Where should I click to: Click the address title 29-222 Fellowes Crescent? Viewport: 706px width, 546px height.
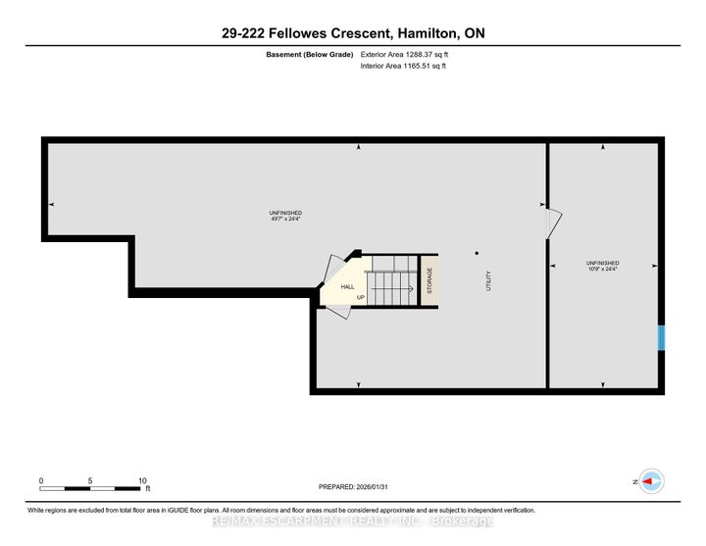tap(353, 33)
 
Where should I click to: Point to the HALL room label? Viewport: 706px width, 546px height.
tap(348, 286)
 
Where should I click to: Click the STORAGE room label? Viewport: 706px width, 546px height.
tap(429, 281)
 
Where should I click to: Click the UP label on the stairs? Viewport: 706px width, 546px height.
tap(361, 297)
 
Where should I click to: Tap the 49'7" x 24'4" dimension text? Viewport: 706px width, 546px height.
tap(285, 220)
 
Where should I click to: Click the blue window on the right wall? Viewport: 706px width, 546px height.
tap(661, 338)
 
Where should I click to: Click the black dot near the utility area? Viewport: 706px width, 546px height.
tap(478, 252)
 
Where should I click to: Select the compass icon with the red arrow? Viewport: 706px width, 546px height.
tap(652, 480)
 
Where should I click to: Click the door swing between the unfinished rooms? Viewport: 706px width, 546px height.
tap(553, 223)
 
